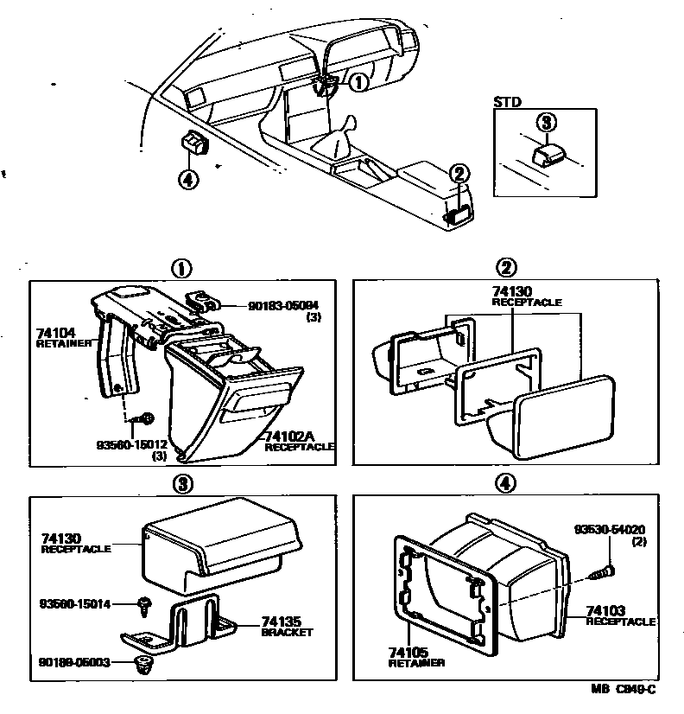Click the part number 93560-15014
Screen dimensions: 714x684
75,603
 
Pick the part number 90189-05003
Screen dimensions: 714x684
74,663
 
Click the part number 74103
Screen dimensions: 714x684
605,610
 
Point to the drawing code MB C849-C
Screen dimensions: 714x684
624,689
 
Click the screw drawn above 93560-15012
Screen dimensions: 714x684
147,420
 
